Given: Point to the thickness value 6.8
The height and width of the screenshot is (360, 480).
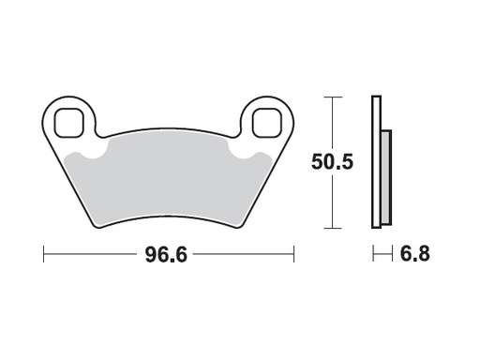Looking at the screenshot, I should click(415, 255).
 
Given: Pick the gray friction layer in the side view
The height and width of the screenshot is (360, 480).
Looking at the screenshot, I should click(384, 178).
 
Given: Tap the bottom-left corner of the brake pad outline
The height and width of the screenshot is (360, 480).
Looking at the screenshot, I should click(97, 226).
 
